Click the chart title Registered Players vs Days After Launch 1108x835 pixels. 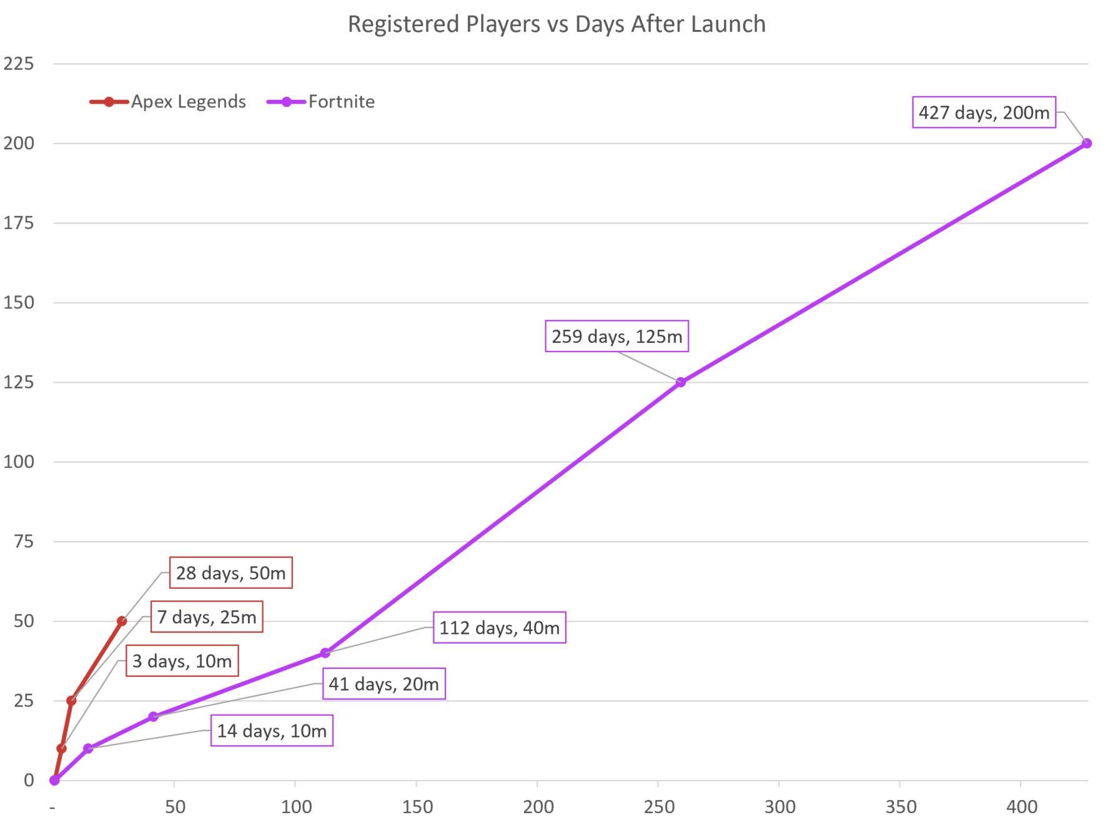click(556, 24)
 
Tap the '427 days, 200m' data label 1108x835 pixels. click(984, 112)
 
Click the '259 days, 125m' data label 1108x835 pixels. click(616, 337)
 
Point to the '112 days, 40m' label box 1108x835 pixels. click(499, 628)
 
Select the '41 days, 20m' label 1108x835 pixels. click(383, 684)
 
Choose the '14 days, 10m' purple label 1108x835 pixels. click(272, 731)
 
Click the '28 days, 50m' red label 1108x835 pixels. click(230, 573)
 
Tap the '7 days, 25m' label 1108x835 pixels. click(207, 617)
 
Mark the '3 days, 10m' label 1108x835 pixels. click(182, 661)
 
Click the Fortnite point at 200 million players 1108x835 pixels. click(1086, 144)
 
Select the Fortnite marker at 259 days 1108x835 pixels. click(681, 382)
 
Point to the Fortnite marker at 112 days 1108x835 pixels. click(325, 653)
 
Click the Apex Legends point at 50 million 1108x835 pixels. click(122, 621)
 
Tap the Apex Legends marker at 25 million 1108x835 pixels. click(71, 701)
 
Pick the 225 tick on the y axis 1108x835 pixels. click(19, 64)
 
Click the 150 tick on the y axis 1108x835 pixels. click(19, 302)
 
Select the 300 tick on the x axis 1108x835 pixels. click(779, 807)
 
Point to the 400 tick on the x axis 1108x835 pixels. click(1021, 807)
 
